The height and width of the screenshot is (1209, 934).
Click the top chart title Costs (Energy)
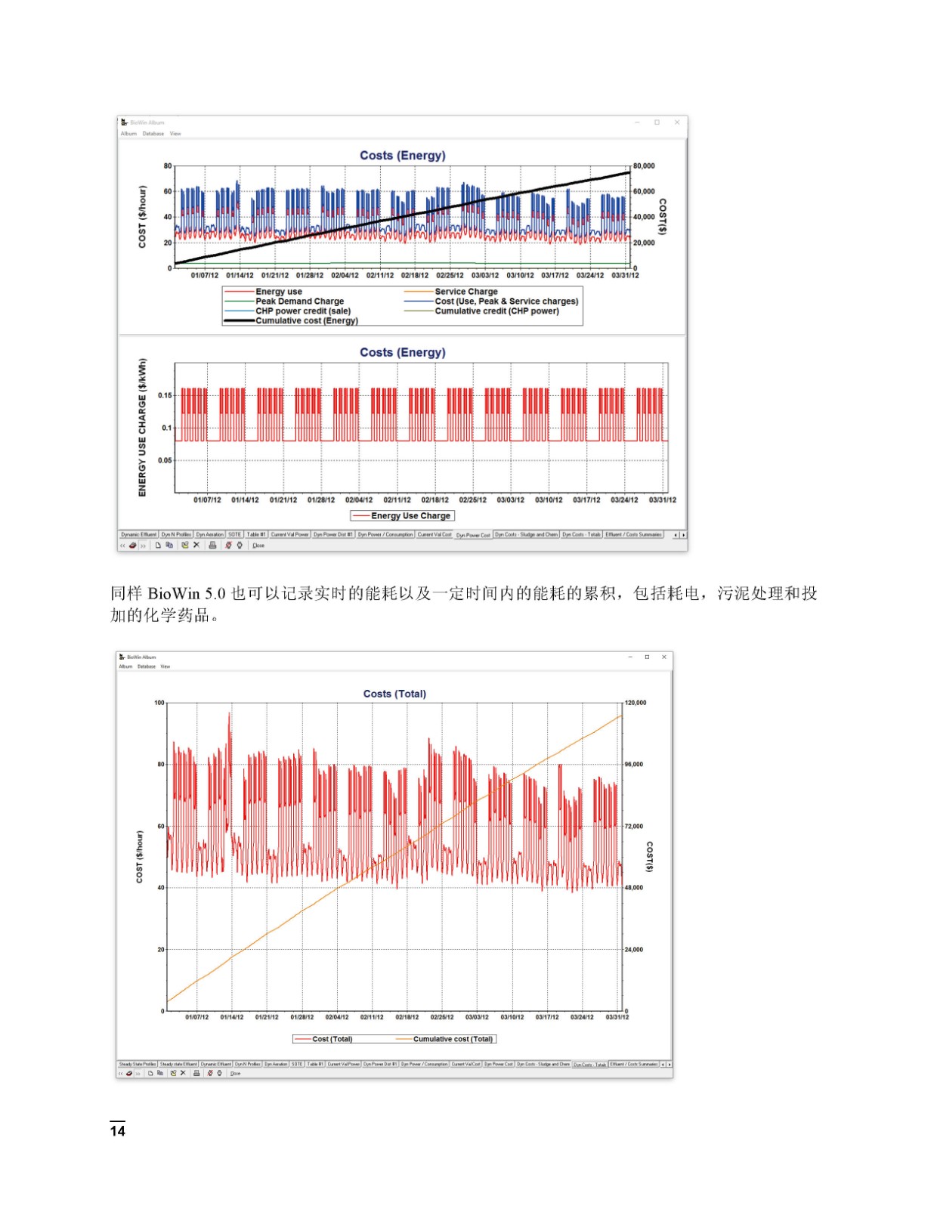click(402, 156)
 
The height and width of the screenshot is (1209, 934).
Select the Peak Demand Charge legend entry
click(299, 301)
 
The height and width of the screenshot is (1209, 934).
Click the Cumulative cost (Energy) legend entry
click(306, 321)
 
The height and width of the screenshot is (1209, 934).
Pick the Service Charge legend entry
click(465, 292)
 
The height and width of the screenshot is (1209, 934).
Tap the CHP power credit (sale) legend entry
click(302, 311)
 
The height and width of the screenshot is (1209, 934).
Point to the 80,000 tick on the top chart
click(644, 166)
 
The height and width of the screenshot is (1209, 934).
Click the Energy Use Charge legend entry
click(410, 516)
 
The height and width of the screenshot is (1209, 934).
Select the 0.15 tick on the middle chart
click(165, 395)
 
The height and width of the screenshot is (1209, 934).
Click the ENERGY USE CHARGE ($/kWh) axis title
click(142, 428)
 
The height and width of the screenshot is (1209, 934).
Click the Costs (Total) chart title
click(394, 694)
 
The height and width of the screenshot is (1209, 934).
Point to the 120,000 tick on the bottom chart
click(636, 703)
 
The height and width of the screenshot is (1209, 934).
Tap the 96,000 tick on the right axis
click(634, 765)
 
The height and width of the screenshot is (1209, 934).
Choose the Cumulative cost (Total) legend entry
click(452, 1039)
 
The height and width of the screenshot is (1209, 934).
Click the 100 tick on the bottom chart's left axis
click(159, 703)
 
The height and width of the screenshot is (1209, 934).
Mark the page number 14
click(118, 1131)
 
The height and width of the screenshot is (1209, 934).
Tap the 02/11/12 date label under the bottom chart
click(372, 1017)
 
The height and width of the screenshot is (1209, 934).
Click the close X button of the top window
click(677, 122)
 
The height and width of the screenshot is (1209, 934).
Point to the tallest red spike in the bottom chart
click(230, 713)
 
